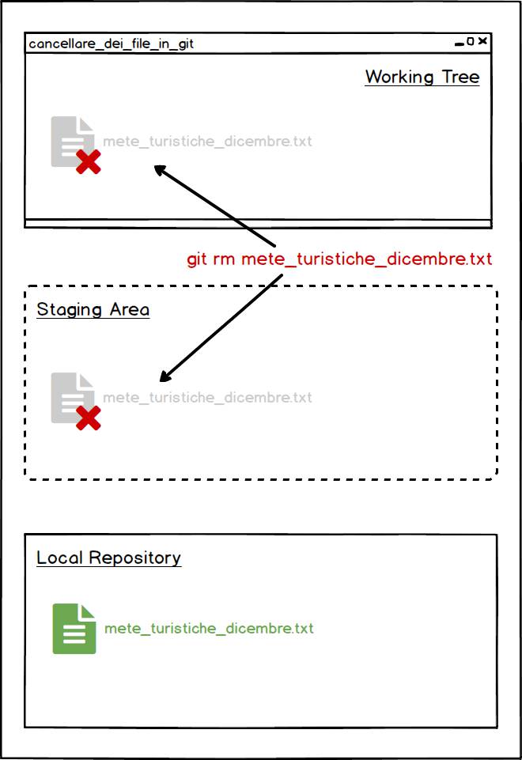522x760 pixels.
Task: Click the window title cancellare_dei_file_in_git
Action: pyautogui.click(x=111, y=44)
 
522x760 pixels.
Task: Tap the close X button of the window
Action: pyautogui.click(x=482, y=41)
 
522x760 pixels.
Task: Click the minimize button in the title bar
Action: pyautogui.click(x=459, y=44)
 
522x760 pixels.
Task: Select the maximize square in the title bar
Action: pyautogui.click(x=470, y=42)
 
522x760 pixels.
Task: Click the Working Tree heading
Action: pyautogui.click(x=422, y=77)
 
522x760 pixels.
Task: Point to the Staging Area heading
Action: pyautogui.click(x=93, y=310)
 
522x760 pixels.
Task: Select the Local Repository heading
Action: pyautogui.click(x=108, y=558)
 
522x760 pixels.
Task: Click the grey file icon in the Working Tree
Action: pyautogui.click(x=72, y=142)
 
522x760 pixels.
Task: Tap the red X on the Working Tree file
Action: pyautogui.click(x=89, y=161)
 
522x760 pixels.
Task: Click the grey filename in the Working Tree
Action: pyautogui.click(x=207, y=142)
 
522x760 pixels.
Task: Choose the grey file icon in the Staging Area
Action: pyautogui.click(x=72, y=398)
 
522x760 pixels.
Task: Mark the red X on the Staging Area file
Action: pyautogui.click(x=89, y=418)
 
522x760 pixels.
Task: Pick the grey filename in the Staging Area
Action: pyautogui.click(x=207, y=398)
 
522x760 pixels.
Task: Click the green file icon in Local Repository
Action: pyautogui.click(x=74, y=629)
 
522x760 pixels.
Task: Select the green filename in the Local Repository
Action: pyautogui.click(x=209, y=629)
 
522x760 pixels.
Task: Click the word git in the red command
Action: pyautogui.click(x=197, y=259)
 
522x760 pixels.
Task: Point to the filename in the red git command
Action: pyautogui.click(x=366, y=259)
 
